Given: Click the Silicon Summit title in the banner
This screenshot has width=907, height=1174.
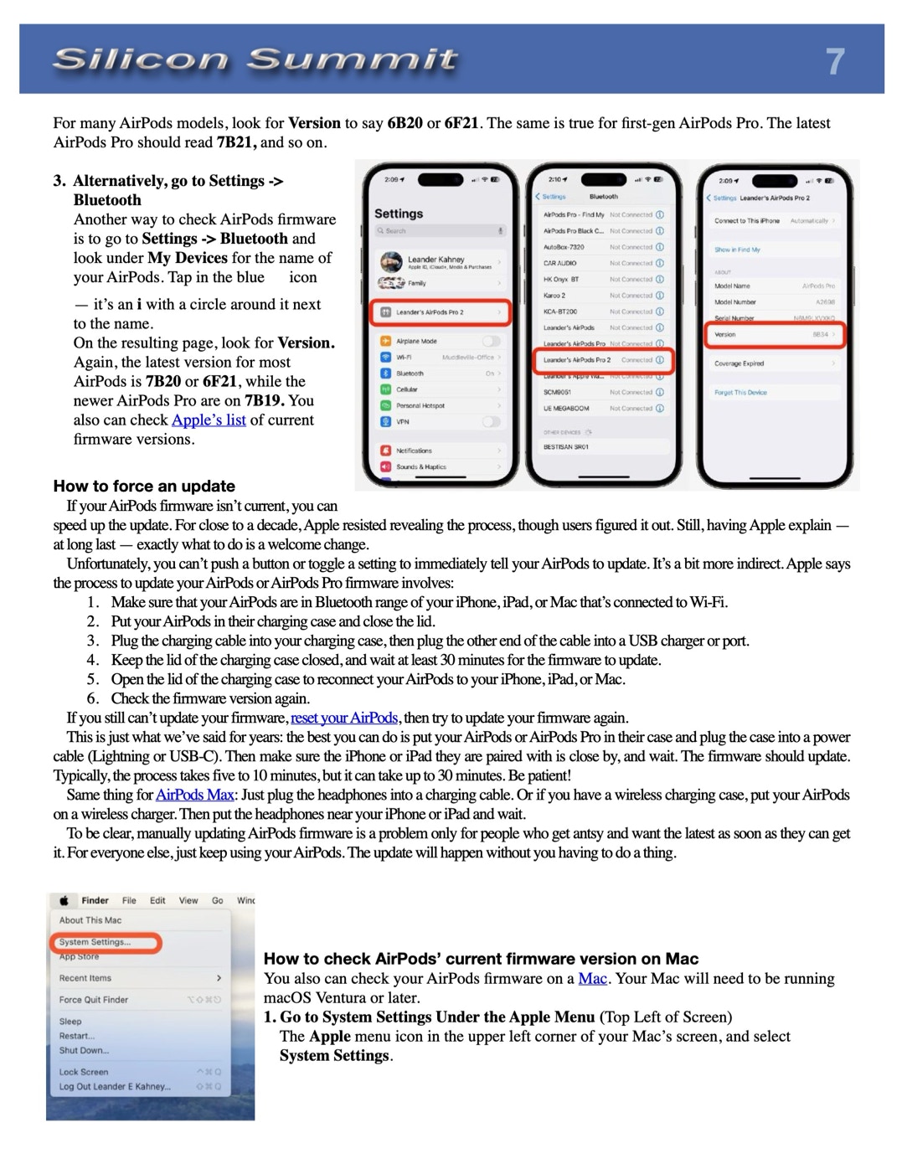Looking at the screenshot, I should point(255,59).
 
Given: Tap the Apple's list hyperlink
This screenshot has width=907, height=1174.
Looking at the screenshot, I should point(209,420).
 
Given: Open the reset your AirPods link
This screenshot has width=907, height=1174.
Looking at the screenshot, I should point(344,718).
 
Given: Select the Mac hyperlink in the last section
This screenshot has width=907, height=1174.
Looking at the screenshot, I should point(592,978).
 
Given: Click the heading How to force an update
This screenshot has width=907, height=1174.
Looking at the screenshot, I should point(144,486).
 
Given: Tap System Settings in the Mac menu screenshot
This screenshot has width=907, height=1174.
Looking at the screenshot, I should point(95,942).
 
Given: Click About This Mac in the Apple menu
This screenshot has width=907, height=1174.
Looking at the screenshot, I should point(90,919).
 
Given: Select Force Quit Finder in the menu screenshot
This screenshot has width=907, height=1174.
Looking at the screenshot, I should point(94,999).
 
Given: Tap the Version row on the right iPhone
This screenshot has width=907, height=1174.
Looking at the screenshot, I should point(775,334).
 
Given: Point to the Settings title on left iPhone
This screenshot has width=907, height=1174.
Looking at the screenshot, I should point(399,214).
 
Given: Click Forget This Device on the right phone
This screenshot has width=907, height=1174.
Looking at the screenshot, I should point(740,392).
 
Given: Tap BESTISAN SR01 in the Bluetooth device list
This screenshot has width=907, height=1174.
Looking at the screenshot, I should point(566,446).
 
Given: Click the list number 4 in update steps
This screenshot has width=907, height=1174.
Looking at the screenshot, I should point(93,660).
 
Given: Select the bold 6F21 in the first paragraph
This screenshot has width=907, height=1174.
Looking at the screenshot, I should point(461,123).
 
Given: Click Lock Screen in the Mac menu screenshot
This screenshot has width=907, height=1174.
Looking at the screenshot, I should point(84,1072).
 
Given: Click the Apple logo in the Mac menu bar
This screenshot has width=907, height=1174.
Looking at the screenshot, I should point(64,901).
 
